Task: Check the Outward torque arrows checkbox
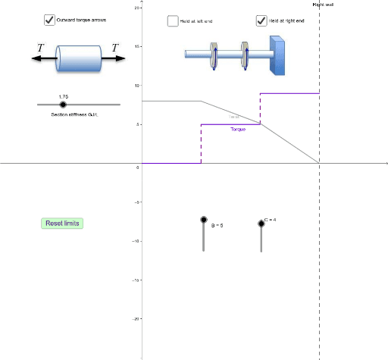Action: coord(49,20)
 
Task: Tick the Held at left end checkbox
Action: coord(173,21)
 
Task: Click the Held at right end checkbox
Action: coord(261,21)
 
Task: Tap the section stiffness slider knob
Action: coord(63,104)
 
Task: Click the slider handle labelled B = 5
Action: coord(203,220)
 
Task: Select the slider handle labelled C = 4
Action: coord(261,223)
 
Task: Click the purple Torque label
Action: coord(238,129)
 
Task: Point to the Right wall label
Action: coord(323,5)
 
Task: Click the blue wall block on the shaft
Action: coord(278,55)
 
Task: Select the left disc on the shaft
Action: coord(214,54)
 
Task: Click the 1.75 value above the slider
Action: coord(63,97)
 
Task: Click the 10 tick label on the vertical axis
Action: coord(137,85)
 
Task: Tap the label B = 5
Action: coord(217,225)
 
